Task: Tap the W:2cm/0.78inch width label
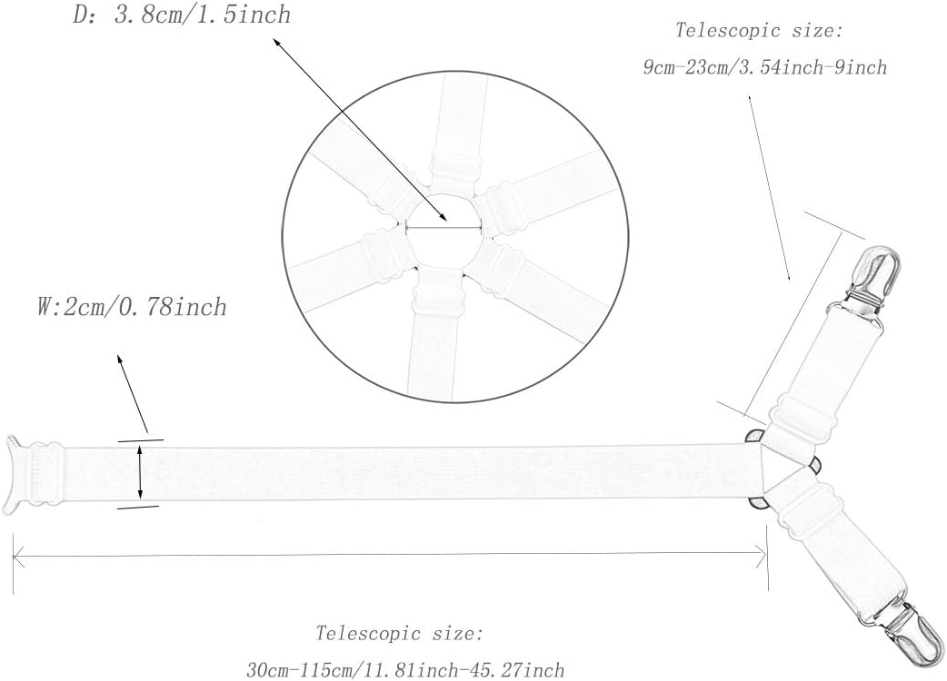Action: pyautogui.click(x=131, y=308)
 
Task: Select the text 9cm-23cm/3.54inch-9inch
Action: pyautogui.click(x=764, y=68)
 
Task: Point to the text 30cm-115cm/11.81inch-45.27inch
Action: pyautogui.click(x=405, y=670)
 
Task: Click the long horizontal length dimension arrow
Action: pyautogui.click(x=391, y=558)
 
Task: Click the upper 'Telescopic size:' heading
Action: pyautogui.click(x=760, y=30)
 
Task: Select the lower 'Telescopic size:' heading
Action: pyautogui.click(x=400, y=633)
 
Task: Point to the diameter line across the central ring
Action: pyautogui.click(x=442, y=229)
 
